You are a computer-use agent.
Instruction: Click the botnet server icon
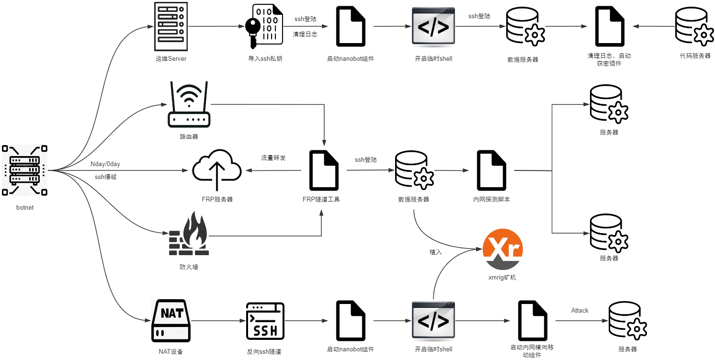click(24, 170)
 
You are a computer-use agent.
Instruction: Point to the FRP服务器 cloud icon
click(217, 170)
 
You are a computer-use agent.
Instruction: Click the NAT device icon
click(171, 320)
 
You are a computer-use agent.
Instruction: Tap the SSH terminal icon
click(265, 320)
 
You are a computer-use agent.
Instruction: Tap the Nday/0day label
click(105, 164)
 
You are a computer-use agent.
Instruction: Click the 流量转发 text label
click(273, 158)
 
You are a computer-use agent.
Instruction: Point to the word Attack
click(579, 311)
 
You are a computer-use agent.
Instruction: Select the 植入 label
click(436, 252)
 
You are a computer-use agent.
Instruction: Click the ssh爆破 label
click(106, 177)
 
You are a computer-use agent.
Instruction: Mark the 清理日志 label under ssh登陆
click(305, 34)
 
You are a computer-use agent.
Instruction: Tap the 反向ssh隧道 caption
click(264, 351)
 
